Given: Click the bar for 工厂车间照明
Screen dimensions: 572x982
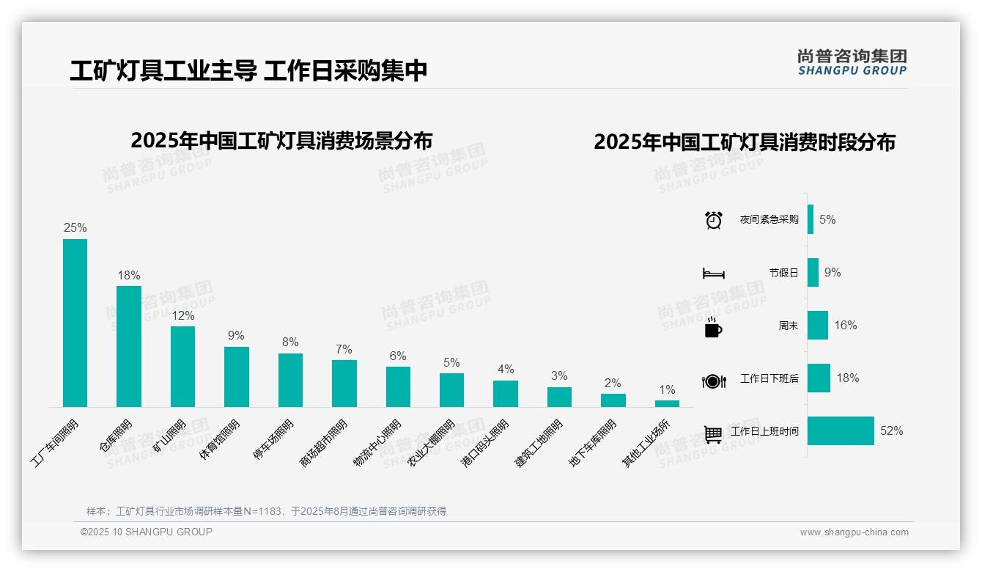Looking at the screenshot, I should pos(75,323).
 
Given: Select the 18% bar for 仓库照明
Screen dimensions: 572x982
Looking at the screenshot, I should pos(129,346).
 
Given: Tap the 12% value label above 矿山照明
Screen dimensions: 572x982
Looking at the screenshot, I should pos(183,316).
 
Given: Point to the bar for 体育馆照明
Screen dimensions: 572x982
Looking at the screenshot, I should pos(237,377).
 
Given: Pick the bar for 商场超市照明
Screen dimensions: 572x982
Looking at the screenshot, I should pos(344,384).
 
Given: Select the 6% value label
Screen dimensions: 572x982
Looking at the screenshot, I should pos(398,356).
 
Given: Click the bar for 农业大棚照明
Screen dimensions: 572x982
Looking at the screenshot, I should pos(451,390).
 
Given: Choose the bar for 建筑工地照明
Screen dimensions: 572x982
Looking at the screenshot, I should pos(559,397).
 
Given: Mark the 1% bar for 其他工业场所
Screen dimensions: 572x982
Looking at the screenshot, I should pos(667,403).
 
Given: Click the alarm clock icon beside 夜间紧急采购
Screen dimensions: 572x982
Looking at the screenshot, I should pos(714,220).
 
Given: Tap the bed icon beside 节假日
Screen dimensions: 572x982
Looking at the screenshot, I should pos(714,274).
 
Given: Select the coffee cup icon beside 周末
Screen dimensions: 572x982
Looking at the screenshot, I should pos(713,327).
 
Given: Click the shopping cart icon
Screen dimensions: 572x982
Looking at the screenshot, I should pos(713,434).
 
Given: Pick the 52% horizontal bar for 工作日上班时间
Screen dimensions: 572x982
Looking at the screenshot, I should pos(841,431).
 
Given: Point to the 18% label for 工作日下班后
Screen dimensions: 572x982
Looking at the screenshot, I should pos(848,378).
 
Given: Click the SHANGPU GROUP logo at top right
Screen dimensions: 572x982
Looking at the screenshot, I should pos(852,62).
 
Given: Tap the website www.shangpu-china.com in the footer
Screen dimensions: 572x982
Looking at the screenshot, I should pos(854,532).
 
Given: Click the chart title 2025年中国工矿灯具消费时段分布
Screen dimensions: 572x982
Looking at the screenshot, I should pos(745,142).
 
